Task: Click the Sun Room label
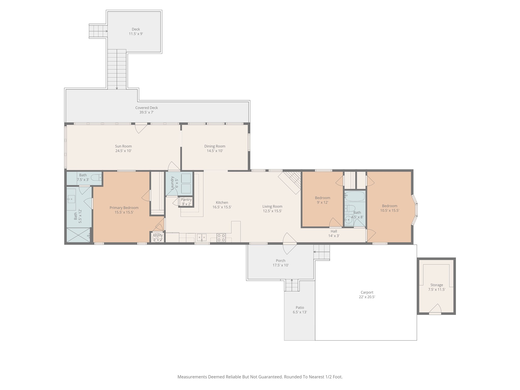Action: coord(123,146)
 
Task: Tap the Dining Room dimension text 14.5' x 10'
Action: coord(215,151)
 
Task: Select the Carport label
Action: coord(367,292)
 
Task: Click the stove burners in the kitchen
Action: coord(221,238)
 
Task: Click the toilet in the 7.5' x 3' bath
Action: coord(96,178)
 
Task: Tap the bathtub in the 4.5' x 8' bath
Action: coord(355,196)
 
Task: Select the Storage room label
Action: coord(437,285)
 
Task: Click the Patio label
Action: coord(300,308)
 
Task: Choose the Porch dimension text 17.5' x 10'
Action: coord(281,265)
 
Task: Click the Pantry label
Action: coord(186,200)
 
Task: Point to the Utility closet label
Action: coord(158,235)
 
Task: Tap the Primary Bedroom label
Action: coord(124,208)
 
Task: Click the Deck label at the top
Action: coord(136,29)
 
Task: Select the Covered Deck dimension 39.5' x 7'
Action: coord(147,112)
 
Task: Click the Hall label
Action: coord(334,231)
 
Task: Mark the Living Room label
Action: coord(272,206)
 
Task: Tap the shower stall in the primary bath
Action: coord(79,235)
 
